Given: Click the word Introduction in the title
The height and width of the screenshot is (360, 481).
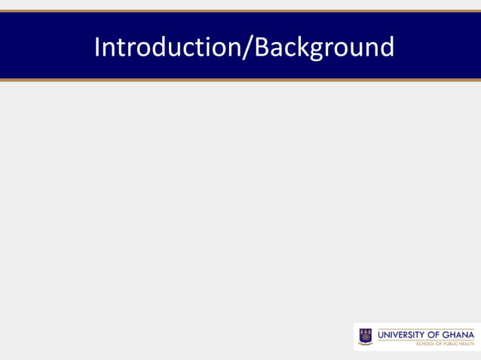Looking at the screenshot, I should pos(166,47).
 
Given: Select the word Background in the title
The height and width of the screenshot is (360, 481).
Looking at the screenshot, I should pos(324,47).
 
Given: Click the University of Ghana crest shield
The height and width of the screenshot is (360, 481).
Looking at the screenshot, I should pos(365,334).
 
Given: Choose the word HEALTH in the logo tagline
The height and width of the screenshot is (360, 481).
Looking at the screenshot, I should pos(466,343).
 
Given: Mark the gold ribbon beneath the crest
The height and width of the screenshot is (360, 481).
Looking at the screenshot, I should pos(365,343).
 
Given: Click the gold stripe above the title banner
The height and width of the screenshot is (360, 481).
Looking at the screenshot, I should pos(240,11).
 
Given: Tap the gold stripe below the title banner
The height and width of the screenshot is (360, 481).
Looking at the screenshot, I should pos(240,79).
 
